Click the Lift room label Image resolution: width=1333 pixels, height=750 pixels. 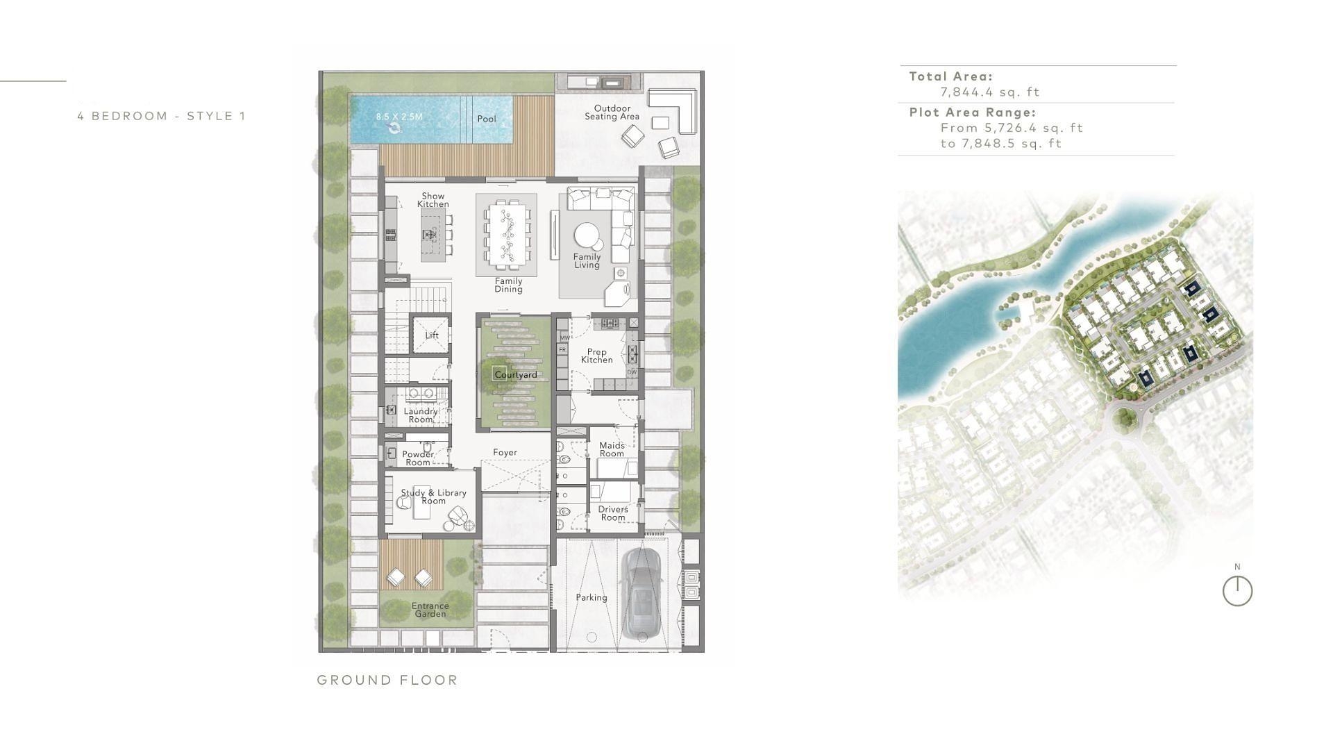(432, 335)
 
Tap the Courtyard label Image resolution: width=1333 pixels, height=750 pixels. (515, 375)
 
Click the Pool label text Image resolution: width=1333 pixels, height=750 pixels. (487, 119)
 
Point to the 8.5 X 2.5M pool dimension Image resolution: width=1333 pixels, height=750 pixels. (399, 117)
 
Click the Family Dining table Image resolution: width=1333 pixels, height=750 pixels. (507, 235)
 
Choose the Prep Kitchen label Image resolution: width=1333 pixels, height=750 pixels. (596, 356)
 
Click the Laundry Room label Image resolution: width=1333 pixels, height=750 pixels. (421, 415)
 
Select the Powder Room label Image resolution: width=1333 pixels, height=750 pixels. (418, 458)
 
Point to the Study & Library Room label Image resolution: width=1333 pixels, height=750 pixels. (433, 497)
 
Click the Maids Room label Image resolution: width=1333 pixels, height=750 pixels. (612, 449)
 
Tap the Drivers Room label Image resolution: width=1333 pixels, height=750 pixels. (613, 513)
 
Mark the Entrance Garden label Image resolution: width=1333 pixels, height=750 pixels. (430, 610)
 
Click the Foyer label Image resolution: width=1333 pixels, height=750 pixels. (505, 453)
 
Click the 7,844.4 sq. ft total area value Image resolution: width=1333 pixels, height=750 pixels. (990, 92)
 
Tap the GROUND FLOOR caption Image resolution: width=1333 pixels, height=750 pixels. (387, 681)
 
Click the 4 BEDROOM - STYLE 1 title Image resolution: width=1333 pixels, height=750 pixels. (162, 116)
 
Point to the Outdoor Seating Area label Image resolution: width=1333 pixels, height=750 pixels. (612, 112)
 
